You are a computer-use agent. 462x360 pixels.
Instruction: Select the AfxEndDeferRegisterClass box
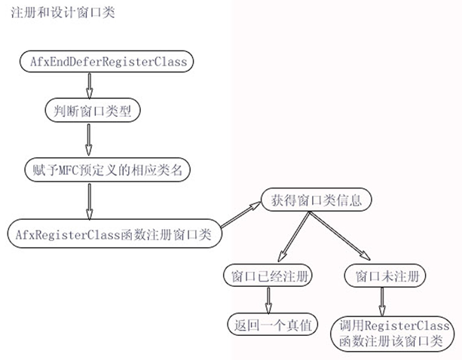(x=103, y=61)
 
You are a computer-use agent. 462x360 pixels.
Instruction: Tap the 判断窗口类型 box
(x=90, y=111)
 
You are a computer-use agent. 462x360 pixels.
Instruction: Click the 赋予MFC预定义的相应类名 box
(x=103, y=169)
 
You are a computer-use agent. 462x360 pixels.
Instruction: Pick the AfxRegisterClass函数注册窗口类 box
(x=113, y=233)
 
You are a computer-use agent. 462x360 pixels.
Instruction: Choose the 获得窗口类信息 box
(x=311, y=201)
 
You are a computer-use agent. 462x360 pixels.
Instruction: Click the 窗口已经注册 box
(x=268, y=276)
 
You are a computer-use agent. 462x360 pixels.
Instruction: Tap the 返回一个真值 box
(x=268, y=325)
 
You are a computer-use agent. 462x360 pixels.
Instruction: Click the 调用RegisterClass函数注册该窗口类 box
(x=396, y=332)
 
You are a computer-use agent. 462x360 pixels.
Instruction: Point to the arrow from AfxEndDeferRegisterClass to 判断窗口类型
(x=90, y=86)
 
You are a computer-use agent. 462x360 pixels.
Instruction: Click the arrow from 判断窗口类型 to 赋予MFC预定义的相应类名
(x=90, y=139)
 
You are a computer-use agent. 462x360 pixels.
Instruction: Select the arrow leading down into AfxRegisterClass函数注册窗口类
(x=88, y=200)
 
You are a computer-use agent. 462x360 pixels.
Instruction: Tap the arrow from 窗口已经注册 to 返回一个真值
(x=268, y=301)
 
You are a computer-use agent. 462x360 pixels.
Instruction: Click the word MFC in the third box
(x=69, y=169)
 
